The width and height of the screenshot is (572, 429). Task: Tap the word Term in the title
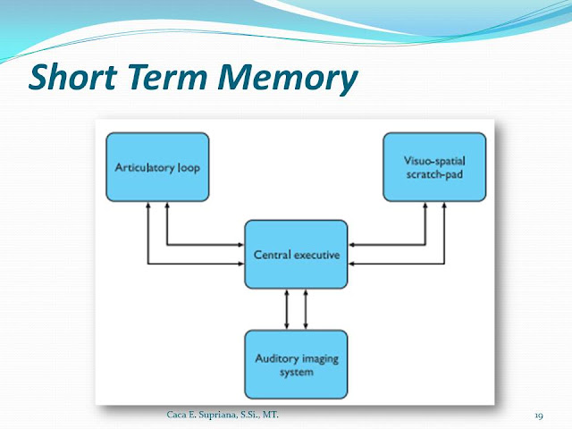coord(172,80)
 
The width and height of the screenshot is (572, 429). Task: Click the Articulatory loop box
coord(157,167)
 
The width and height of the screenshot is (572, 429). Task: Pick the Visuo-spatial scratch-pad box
coord(433,167)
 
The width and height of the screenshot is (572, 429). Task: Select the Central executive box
coord(295,255)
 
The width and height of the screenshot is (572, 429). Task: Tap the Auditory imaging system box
coord(295,366)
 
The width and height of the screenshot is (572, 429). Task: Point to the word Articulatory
coord(143,167)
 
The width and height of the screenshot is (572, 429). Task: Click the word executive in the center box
coord(318,256)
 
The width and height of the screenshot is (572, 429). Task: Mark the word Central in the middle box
coord(273,256)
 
